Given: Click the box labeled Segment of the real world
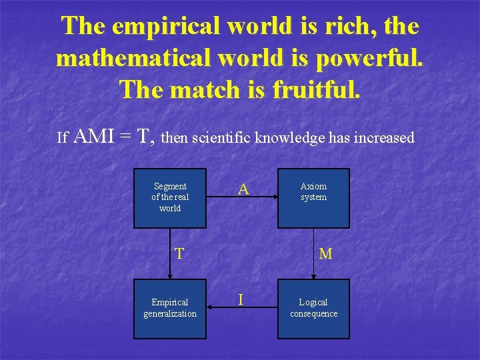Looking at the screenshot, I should click(170, 197).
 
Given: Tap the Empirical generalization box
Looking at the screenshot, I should click(170, 307).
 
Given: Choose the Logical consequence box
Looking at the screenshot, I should click(313, 307).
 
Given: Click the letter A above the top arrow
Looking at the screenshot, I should click(244, 189).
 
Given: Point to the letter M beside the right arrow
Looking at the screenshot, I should click(325, 253).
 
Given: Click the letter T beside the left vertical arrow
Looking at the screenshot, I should click(179, 253).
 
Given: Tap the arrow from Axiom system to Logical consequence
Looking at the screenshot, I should click(314, 253).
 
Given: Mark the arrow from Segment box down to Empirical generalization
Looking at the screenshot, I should click(169, 253).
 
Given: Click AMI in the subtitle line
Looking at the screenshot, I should click(93, 137).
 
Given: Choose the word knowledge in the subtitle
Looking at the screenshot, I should click(291, 138).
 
